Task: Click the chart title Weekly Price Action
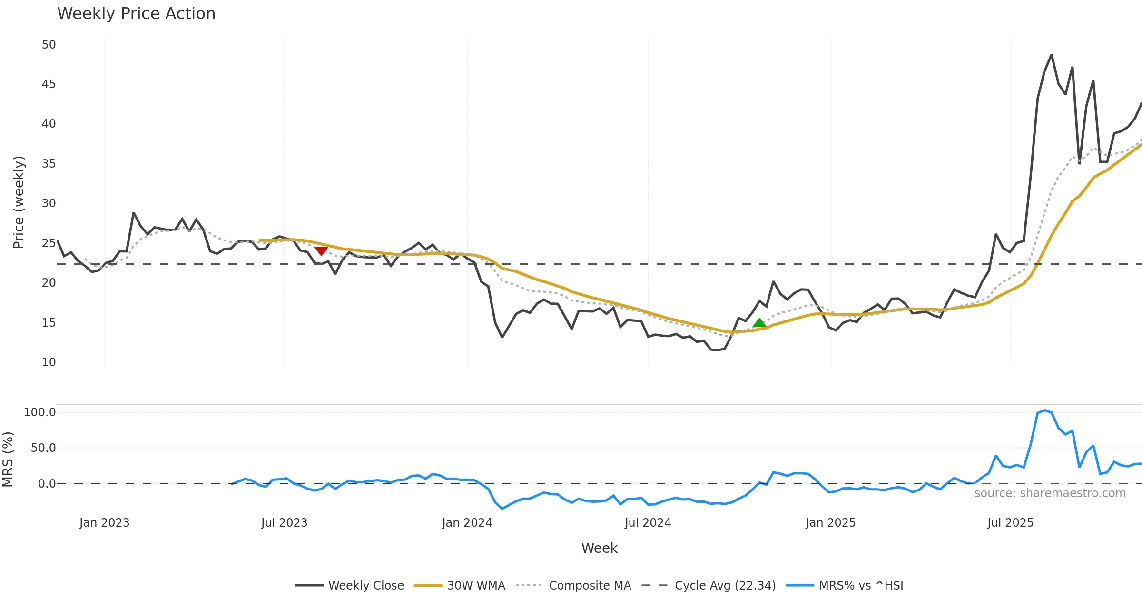pos(136,14)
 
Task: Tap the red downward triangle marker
pos(321,250)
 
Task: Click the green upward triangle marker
pos(759,323)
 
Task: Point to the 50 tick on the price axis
pos(49,45)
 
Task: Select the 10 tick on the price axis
pos(49,362)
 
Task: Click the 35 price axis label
pos(49,164)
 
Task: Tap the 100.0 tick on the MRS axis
pos(39,412)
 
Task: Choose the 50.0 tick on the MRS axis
pos(43,448)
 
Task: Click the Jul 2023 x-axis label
pos(284,523)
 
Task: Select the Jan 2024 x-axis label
pos(467,523)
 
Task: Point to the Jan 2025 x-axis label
pos(830,523)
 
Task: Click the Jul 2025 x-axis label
pos(1010,523)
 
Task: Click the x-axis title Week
pos(599,549)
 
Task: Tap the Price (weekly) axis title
pos(19,202)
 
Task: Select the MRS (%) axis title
pos(8,460)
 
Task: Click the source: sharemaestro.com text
pos(1050,493)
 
